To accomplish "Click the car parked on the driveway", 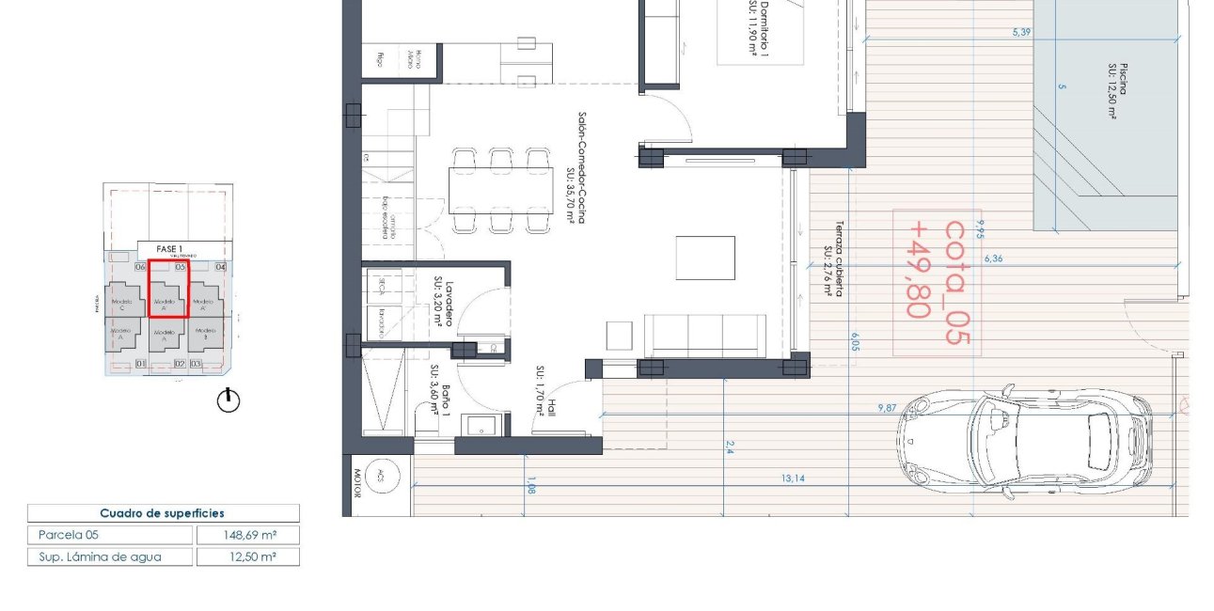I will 1025,441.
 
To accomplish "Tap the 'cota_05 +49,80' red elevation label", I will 938,282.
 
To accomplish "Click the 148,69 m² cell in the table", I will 248,535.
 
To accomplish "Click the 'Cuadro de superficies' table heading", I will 163,513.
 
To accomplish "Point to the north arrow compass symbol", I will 229,400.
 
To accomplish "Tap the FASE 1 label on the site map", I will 169,249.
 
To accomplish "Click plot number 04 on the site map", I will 221,267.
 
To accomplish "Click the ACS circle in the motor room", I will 379,475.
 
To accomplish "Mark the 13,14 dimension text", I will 793,479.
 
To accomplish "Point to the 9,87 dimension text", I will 887,408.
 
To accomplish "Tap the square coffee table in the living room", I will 705,258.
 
